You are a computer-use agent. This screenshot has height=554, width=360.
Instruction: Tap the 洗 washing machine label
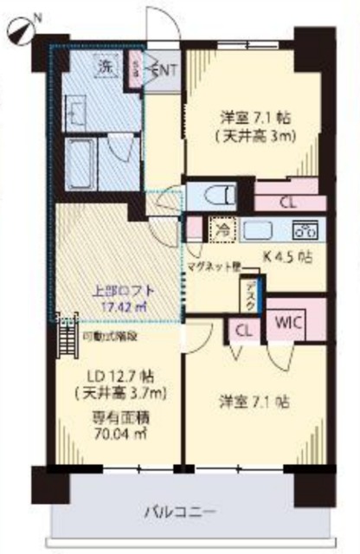[104, 68]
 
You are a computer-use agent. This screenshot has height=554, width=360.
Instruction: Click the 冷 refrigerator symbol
[222, 230]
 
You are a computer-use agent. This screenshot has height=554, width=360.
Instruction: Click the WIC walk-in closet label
[288, 321]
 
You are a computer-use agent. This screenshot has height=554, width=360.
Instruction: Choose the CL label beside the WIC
[243, 330]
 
